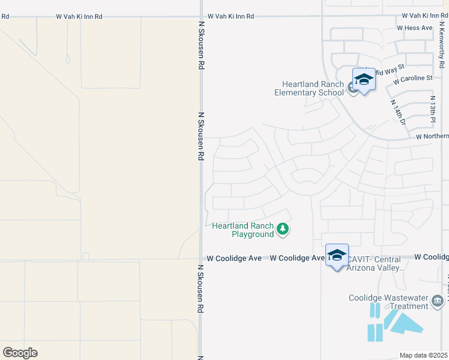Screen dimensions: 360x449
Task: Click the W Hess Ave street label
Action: [x=415, y=28]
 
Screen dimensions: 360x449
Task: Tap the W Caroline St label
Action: [x=413, y=79]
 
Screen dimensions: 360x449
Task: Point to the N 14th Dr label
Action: [x=399, y=112]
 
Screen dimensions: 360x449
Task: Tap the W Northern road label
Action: [x=432, y=137]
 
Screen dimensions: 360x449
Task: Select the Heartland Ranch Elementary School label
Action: [x=309, y=88]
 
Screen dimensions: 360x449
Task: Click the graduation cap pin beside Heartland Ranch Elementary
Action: [x=363, y=80]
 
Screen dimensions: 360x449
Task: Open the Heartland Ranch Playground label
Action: [x=243, y=230]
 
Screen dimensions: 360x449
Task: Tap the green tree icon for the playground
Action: [x=283, y=229]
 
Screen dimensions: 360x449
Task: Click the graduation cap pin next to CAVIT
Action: [x=337, y=255]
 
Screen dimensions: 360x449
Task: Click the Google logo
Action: [x=20, y=352]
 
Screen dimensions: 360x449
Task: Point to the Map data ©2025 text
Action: [x=423, y=355]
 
